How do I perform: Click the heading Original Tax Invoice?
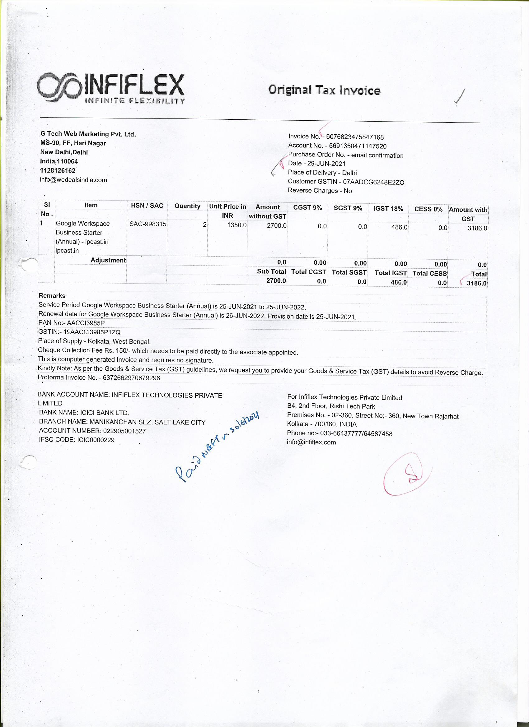point(324,90)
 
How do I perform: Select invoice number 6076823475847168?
point(355,137)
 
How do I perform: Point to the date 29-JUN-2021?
point(326,164)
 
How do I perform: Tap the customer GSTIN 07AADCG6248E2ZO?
point(373,182)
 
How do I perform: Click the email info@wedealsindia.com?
point(73,180)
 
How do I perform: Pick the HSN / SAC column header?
point(147,206)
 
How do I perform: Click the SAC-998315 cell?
point(148,224)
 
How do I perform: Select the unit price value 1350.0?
point(237,225)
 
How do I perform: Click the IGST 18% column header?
point(388,209)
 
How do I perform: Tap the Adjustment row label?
point(108,260)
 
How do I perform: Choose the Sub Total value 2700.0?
point(276,281)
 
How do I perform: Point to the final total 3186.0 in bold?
point(476,283)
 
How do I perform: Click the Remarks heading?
point(52,295)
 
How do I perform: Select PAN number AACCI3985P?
point(86,323)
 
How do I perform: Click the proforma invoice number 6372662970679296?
point(131,378)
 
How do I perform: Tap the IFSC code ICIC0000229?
point(96,440)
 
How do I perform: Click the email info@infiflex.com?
point(311,442)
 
